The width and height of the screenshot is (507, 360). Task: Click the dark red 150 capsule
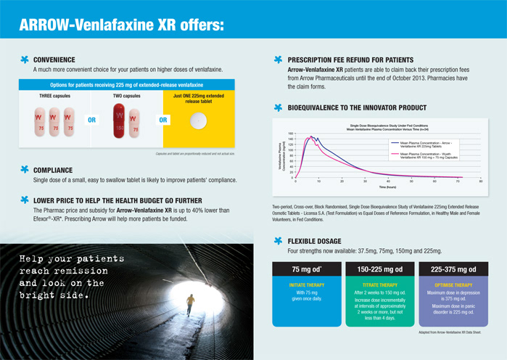click(x=120, y=120)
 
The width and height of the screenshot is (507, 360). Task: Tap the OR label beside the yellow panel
click(x=163, y=120)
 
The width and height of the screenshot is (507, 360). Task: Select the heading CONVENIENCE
click(x=54, y=59)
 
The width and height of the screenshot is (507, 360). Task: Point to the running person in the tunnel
click(x=189, y=302)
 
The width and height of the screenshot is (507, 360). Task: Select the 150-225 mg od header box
click(x=380, y=269)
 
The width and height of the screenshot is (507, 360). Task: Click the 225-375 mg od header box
click(x=453, y=269)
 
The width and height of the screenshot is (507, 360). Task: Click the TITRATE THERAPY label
click(x=380, y=285)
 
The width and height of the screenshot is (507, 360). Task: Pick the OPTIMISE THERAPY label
click(x=453, y=285)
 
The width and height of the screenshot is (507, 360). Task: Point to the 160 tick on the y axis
click(x=290, y=134)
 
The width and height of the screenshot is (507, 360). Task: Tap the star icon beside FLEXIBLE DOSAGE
click(x=277, y=240)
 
